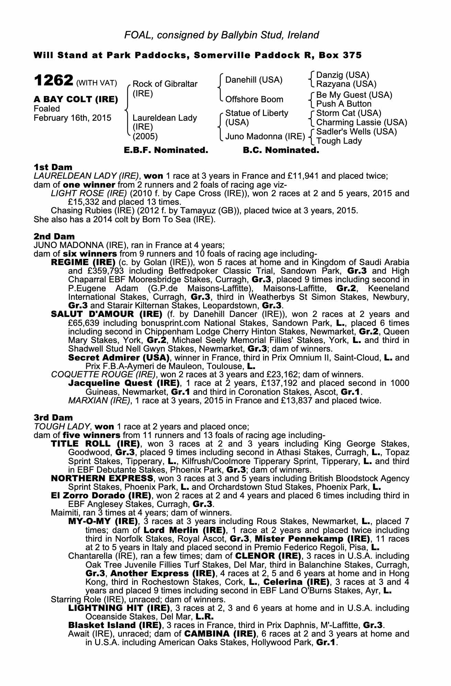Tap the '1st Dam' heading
(x=53, y=167)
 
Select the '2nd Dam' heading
(x=54, y=236)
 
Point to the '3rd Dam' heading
(x=53, y=417)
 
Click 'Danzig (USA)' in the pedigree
(x=343, y=75)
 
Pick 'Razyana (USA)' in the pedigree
(x=346, y=84)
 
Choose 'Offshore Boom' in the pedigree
(x=254, y=99)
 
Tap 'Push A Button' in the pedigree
(x=344, y=104)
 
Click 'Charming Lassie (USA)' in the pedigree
(x=361, y=122)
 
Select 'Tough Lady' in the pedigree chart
(x=339, y=141)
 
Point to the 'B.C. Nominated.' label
(x=281, y=150)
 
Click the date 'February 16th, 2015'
(x=72, y=118)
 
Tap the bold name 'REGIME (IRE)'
(x=83, y=262)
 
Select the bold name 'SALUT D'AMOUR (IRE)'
(x=106, y=314)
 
